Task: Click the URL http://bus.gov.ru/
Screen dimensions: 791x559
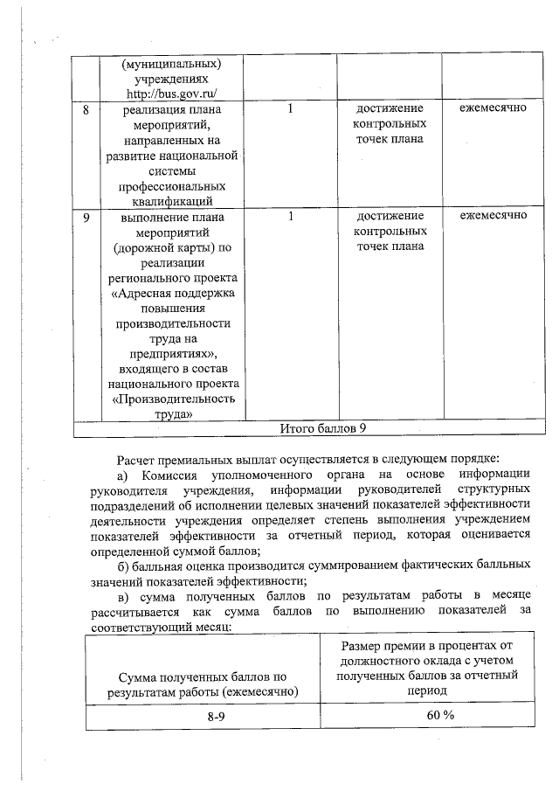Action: click(170, 94)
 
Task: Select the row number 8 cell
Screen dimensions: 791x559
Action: click(86, 109)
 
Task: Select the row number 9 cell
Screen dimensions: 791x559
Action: click(86, 216)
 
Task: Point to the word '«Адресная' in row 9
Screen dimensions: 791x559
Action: click(142, 294)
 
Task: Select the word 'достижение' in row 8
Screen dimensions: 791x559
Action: click(390, 109)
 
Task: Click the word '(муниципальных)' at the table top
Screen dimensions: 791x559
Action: click(171, 63)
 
